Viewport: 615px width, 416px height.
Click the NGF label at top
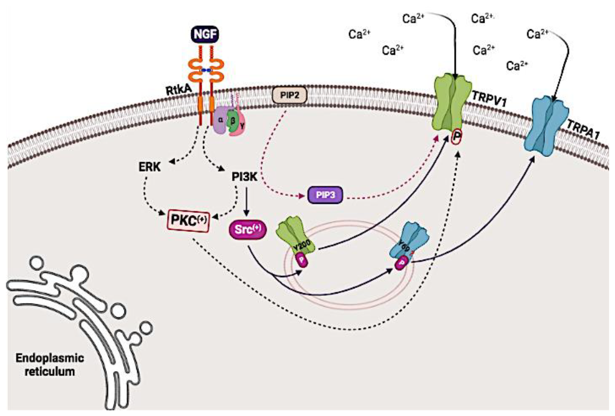205,34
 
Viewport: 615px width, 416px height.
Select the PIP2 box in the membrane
289,95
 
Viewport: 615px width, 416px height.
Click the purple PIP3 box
325,195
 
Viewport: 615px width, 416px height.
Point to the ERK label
150,167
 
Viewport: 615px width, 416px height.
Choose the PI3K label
244,177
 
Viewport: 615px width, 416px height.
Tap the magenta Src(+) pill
248,229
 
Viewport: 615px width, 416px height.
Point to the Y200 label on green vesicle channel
302,246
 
